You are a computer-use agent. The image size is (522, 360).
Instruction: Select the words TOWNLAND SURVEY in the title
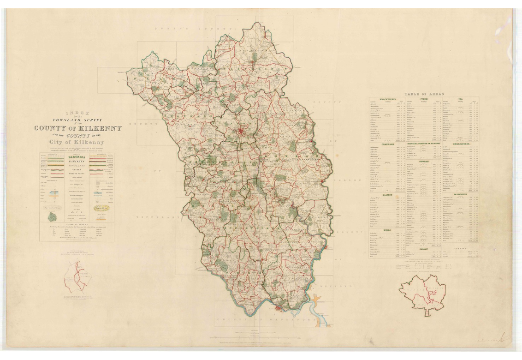click(77, 120)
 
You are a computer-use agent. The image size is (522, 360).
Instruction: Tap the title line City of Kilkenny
click(77, 143)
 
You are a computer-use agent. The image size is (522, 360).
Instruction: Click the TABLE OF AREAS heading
click(424, 94)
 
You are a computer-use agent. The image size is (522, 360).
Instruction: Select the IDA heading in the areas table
click(460, 99)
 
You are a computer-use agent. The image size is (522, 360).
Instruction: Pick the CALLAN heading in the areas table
click(424, 249)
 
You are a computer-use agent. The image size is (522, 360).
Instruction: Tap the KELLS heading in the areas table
click(386, 229)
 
